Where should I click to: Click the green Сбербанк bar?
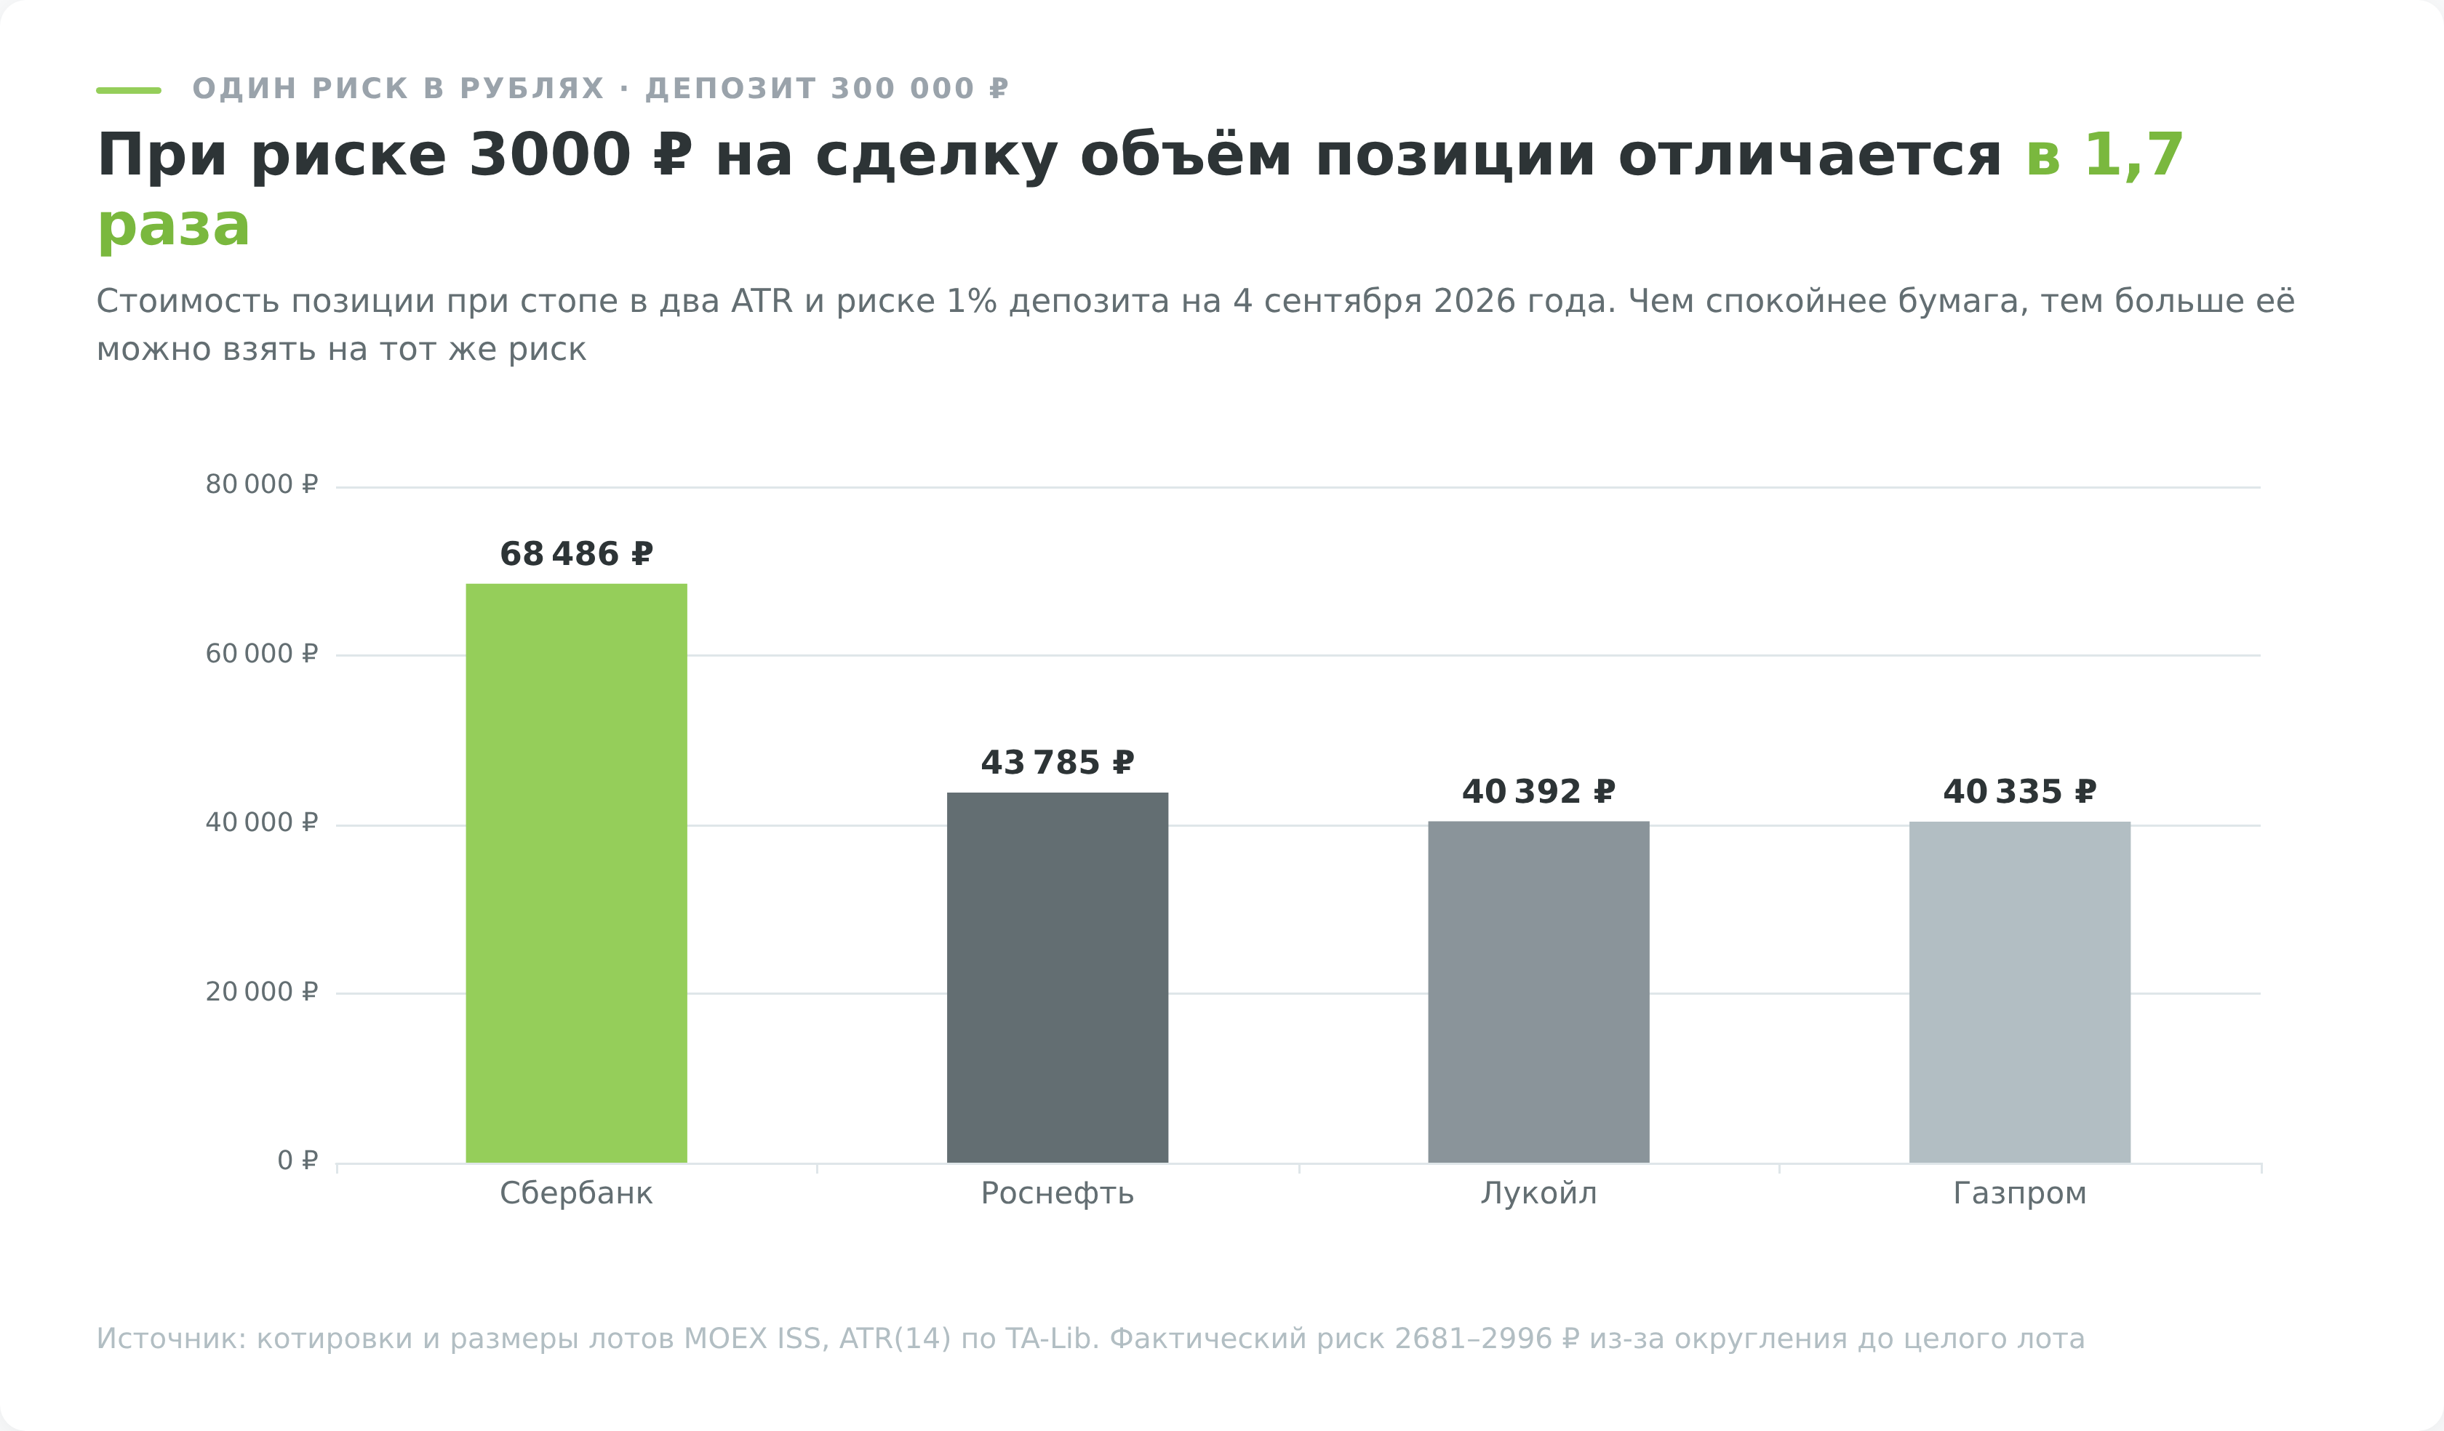(576, 873)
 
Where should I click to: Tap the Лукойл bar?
(1538, 992)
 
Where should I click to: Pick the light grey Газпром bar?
(2019, 992)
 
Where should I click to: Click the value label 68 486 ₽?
(576, 555)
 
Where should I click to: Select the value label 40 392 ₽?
(1538, 792)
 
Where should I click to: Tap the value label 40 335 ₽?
(2019, 792)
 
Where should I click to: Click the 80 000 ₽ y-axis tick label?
(262, 485)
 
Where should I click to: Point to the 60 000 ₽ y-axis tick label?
(262, 654)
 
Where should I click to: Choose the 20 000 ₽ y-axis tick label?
(262, 992)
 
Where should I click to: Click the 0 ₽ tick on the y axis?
(297, 1161)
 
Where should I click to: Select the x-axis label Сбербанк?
(576, 1193)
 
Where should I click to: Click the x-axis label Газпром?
(2019, 1193)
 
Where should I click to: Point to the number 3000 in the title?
(550, 155)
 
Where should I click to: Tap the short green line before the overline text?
(128, 90)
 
